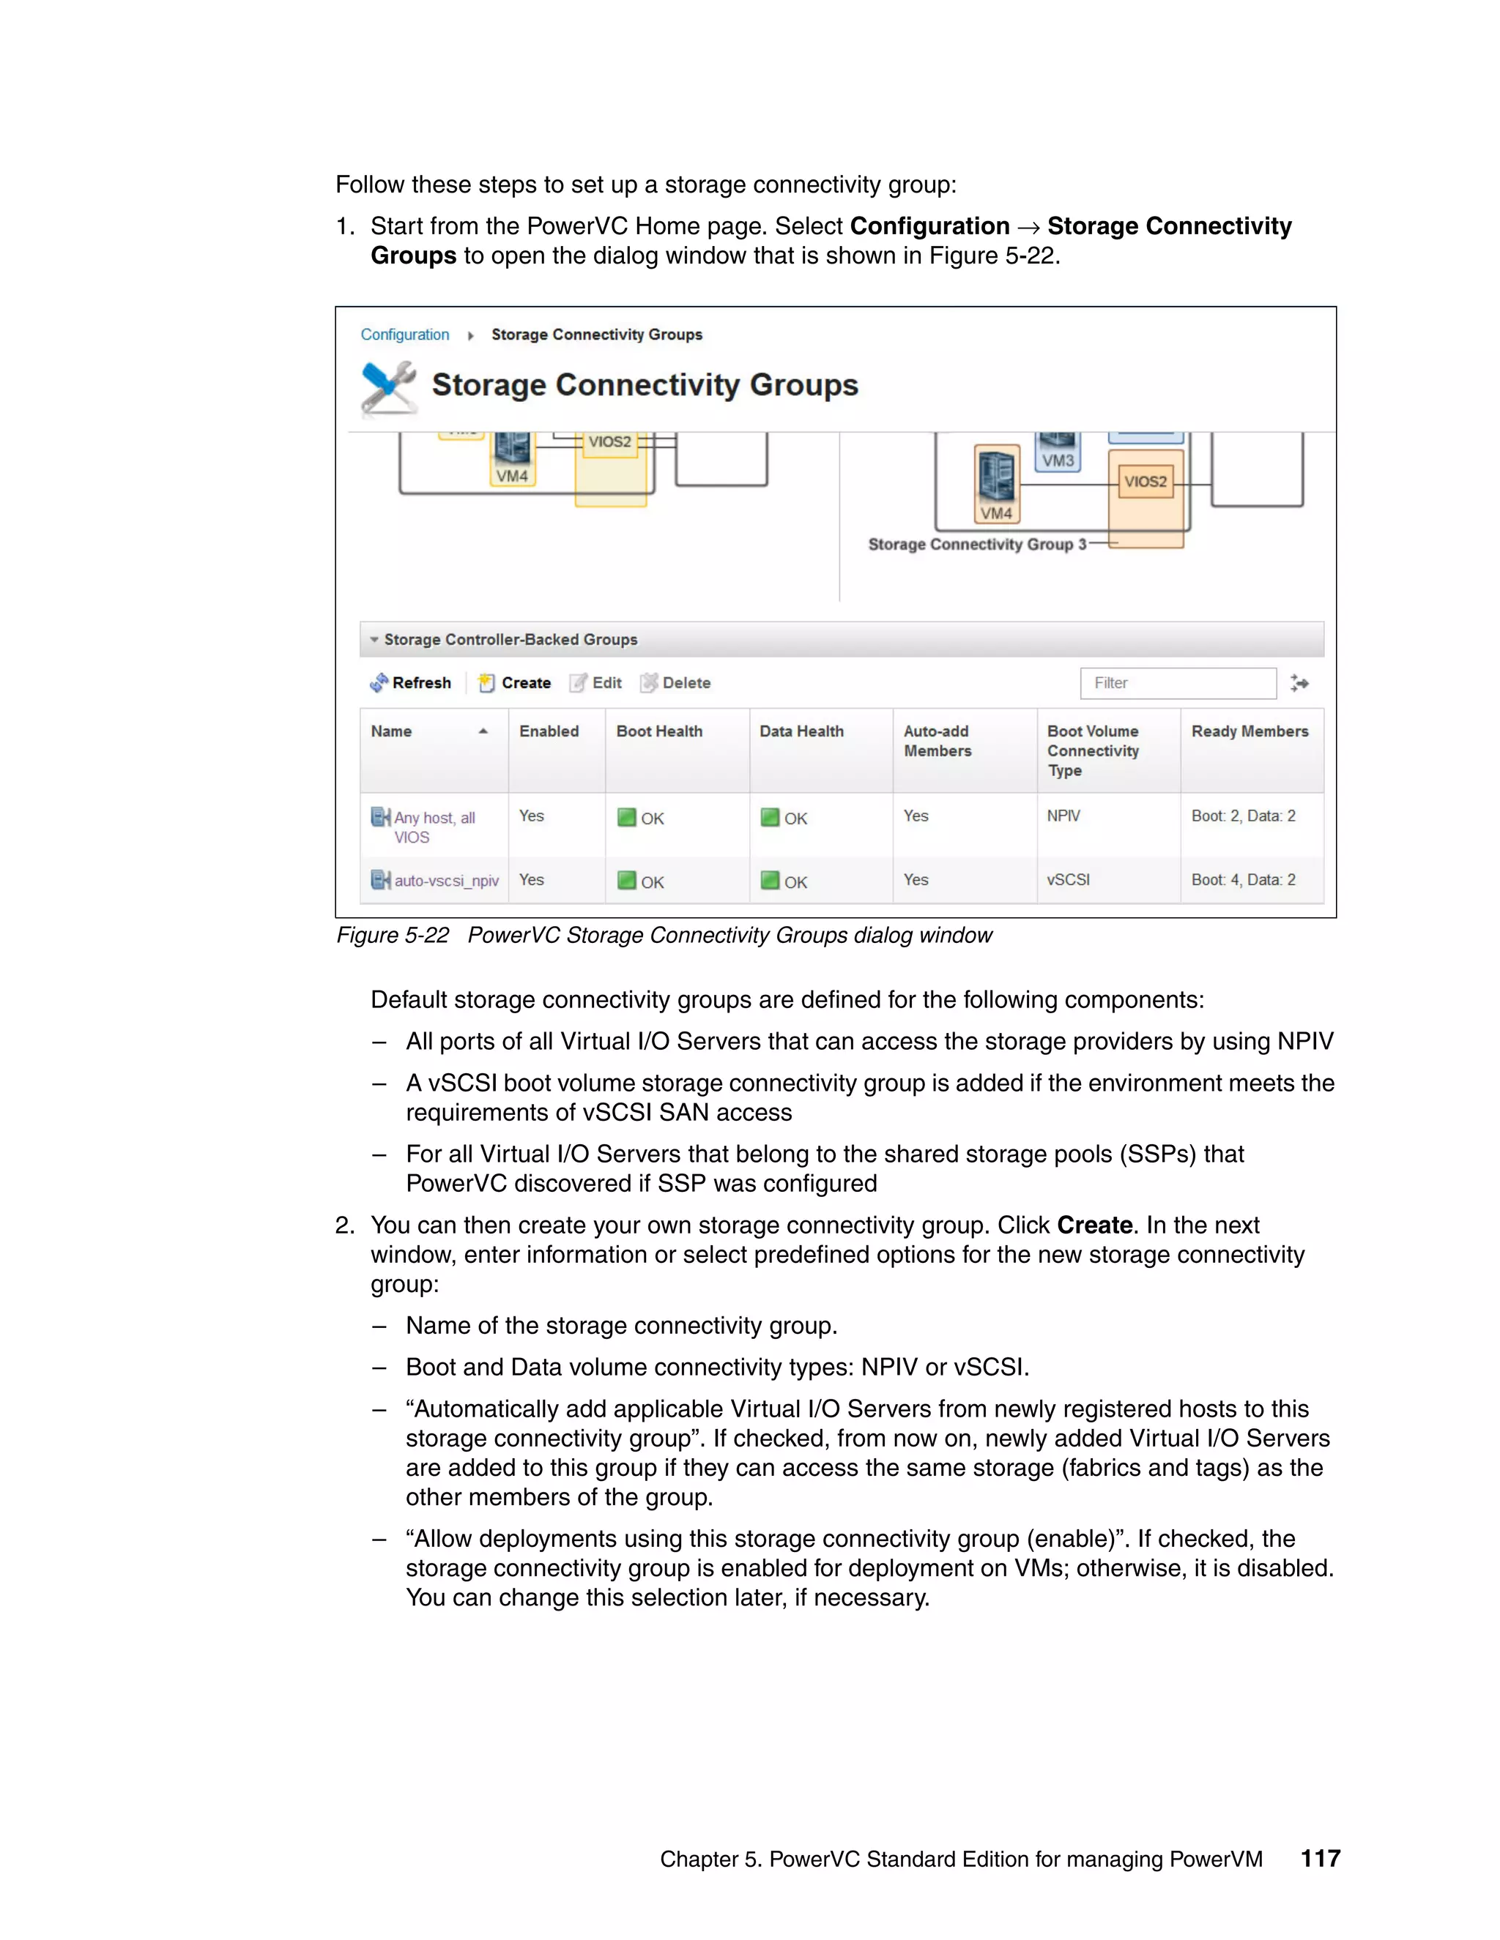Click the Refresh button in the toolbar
click(411, 682)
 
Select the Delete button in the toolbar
click(675, 682)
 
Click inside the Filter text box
click(1178, 682)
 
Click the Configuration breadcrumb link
click(404, 334)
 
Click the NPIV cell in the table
click(1063, 816)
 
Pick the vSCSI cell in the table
click(1067, 879)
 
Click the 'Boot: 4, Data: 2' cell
click(1242, 879)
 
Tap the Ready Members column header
click(1250, 731)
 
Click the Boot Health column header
click(658, 731)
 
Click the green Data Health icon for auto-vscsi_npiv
click(770, 880)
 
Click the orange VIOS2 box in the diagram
click(1145, 482)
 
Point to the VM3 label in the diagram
click(1058, 460)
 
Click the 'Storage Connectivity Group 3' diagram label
click(976, 544)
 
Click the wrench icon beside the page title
click(388, 387)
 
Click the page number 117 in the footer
click(1320, 1858)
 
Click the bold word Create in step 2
click(1094, 1225)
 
